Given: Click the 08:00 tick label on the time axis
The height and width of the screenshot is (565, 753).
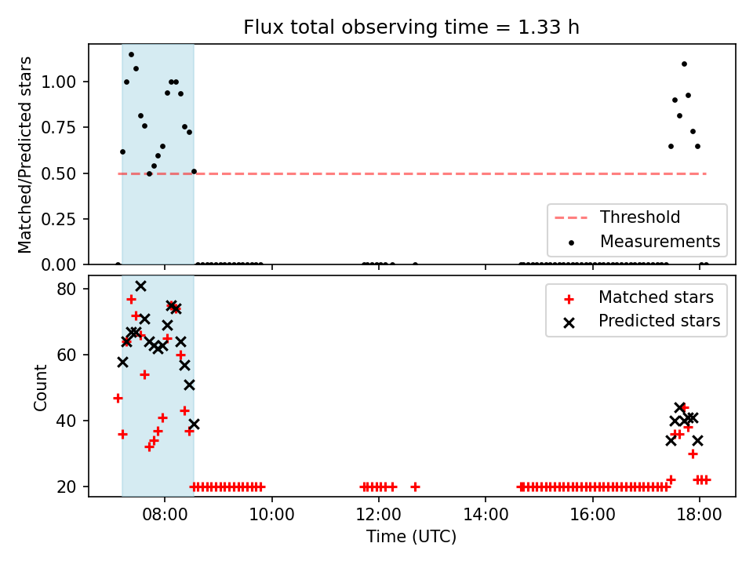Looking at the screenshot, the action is (165, 515).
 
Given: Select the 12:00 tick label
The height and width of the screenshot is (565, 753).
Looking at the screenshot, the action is (378, 515).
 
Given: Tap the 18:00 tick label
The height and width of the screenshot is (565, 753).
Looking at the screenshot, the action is (699, 515).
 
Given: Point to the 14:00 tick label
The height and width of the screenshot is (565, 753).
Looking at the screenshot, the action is (486, 515).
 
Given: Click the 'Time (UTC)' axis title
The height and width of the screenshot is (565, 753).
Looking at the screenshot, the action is (411, 536).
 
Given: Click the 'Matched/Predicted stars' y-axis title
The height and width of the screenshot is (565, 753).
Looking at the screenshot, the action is (24, 155).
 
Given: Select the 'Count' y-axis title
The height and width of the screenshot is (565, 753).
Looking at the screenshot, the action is (40, 388).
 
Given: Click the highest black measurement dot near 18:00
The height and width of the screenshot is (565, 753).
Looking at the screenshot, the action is (684, 64).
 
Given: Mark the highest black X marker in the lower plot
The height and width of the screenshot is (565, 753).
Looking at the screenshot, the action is (140, 286).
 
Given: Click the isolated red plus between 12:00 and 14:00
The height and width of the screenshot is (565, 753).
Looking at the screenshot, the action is (416, 487).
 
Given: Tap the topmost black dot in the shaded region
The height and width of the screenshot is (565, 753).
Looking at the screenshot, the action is (131, 55).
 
